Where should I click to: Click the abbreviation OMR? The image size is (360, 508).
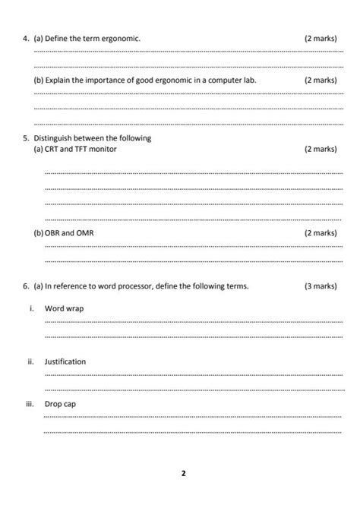pyautogui.click(x=84, y=232)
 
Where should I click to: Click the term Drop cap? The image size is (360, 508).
pyautogui.click(x=60, y=404)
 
